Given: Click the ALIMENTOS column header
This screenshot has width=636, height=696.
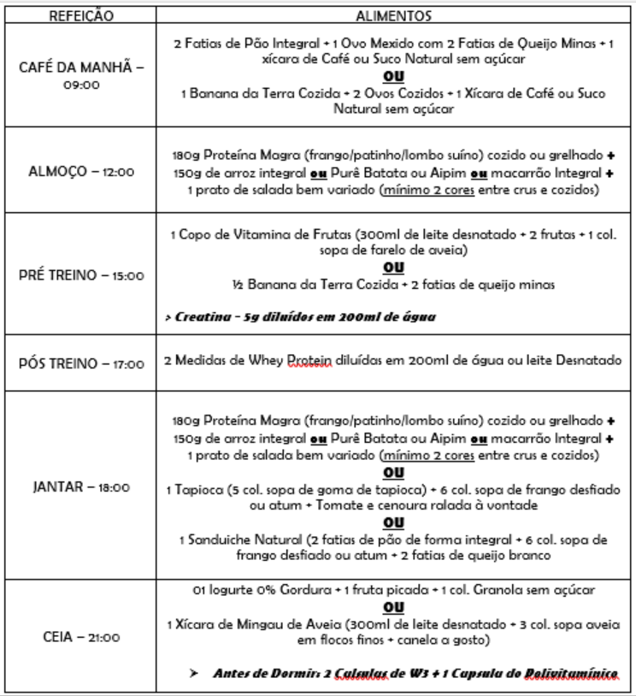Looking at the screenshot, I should click(392, 15).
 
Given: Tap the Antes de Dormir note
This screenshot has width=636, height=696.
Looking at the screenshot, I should click(414, 673).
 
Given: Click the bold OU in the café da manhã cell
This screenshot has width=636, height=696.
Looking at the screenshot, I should click(392, 74).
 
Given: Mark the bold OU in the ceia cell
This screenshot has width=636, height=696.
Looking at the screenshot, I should click(392, 606).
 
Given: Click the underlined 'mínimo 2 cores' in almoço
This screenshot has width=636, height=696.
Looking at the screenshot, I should click(426, 188).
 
